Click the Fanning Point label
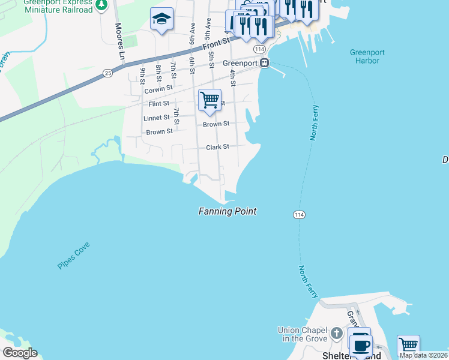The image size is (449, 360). click(228, 211)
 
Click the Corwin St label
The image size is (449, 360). click(158, 90)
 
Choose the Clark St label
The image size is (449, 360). click(217, 147)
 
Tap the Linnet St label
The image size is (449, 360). click(157, 118)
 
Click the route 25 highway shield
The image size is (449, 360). click(107, 73)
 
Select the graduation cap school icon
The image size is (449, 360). click(161, 19)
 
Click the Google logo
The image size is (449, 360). click(19, 353)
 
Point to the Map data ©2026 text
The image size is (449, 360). click(424, 355)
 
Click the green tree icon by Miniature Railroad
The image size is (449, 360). click(101, 5)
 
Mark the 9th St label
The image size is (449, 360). click(143, 75)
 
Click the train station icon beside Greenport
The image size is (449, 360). click(264, 62)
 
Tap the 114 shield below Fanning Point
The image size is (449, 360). click(298, 214)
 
